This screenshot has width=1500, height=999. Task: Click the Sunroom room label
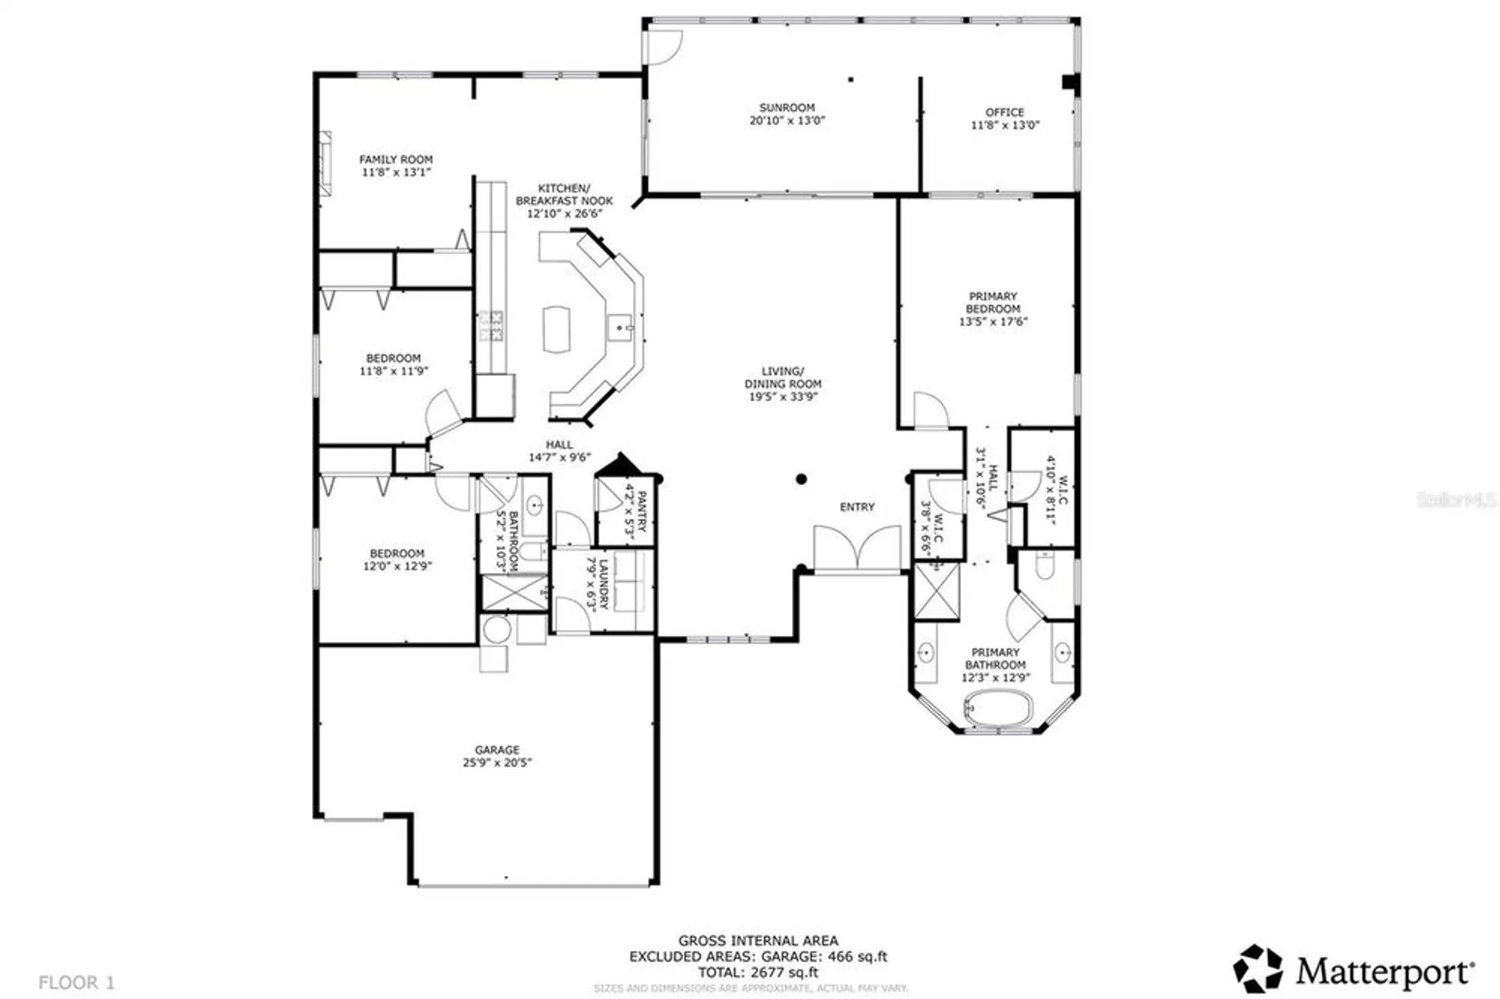[786, 107]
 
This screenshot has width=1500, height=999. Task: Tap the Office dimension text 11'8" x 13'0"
[1004, 125]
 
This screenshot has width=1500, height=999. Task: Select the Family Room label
[395, 159]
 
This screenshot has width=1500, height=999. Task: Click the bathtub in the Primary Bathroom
[997, 708]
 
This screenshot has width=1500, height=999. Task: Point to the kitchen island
[556, 328]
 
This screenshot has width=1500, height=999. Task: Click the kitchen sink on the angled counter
[619, 328]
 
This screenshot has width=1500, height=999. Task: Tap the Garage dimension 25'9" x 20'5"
[496, 763]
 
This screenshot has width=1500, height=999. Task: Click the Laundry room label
[604, 583]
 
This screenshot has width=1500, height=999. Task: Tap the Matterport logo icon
[1258, 968]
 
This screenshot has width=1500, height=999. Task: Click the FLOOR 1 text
[76, 982]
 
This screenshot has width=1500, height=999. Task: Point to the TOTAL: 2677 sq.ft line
[757, 972]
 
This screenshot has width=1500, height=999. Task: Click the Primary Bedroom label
[992, 302]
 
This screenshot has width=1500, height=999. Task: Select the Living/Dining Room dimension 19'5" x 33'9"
[782, 397]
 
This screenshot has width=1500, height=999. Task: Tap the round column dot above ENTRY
[801, 478]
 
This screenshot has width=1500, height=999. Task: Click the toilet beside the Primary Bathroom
[1045, 564]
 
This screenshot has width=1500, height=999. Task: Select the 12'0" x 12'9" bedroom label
[397, 566]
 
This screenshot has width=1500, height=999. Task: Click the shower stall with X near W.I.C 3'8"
[936, 592]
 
